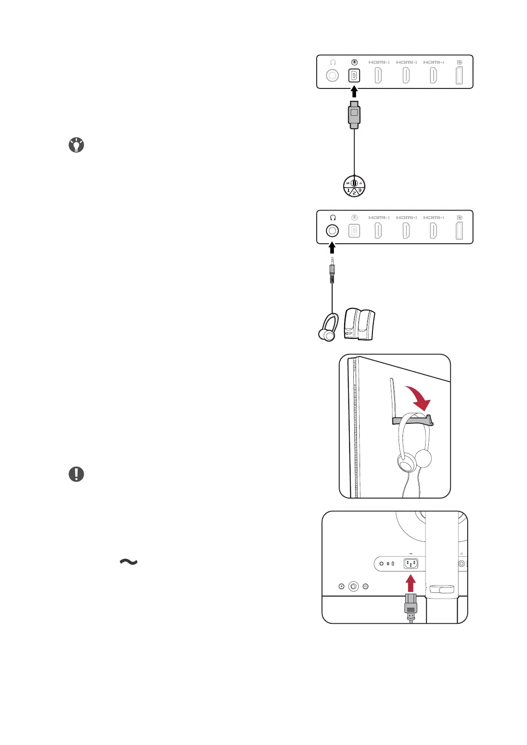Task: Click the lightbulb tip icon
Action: point(77,145)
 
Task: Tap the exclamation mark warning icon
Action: point(77,474)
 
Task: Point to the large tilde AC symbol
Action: point(128,562)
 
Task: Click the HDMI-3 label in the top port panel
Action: point(379,62)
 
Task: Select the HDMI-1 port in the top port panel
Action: point(434,76)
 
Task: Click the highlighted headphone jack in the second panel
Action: point(332,230)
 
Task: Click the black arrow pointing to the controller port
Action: point(354,92)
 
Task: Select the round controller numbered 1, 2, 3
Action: point(354,186)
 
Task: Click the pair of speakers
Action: point(360,324)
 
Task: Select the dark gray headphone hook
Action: point(412,419)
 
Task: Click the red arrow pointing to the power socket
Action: point(411,583)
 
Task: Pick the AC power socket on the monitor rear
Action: point(411,564)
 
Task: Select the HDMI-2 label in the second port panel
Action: point(406,218)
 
